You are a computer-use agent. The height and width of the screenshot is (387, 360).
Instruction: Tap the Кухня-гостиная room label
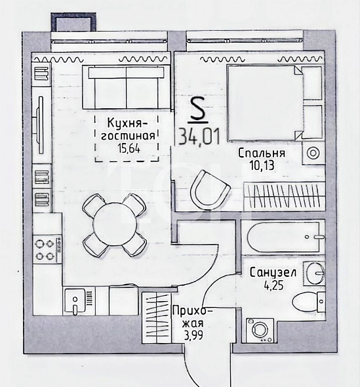click(x=128, y=129)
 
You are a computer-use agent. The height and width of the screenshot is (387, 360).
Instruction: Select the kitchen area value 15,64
click(x=129, y=149)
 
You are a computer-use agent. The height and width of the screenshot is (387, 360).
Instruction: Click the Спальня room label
click(x=262, y=153)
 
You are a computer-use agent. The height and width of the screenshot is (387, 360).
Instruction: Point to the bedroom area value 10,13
click(x=262, y=165)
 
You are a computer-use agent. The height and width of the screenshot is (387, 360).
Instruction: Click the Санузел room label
click(x=273, y=273)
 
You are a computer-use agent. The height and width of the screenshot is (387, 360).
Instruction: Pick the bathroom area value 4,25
click(x=274, y=286)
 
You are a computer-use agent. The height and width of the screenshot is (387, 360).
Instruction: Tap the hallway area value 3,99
click(x=193, y=335)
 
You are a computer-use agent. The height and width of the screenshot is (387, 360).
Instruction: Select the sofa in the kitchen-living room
click(x=126, y=87)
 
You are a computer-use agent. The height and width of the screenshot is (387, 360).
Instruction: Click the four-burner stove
click(x=47, y=249)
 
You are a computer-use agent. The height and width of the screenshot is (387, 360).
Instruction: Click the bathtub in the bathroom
click(x=283, y=237)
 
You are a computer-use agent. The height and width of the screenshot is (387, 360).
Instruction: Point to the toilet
click(x=308, y=302)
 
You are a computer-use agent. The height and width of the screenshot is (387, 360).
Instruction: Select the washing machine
click(x=260, y=330)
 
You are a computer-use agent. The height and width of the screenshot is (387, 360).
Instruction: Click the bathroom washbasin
click(x=314, y=274)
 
